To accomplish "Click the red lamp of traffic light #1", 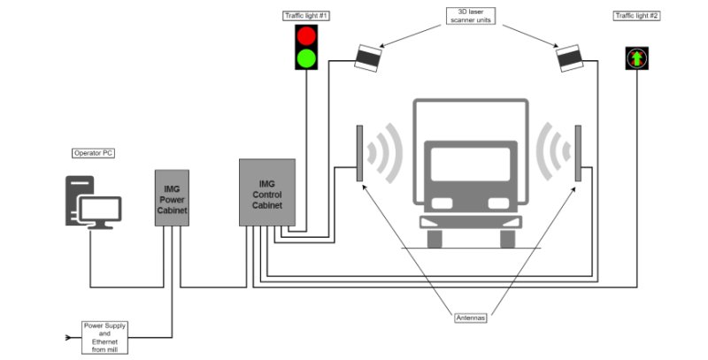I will tap(306, 36).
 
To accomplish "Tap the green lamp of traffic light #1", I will tap(306, 58).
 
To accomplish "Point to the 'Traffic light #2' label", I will tap(635, 15).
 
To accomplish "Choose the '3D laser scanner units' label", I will tap(468, 15).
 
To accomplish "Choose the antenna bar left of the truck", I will tap(360, 153).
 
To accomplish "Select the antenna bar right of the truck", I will tap(577, 153).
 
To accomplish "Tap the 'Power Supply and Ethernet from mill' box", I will tap(105, 336).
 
